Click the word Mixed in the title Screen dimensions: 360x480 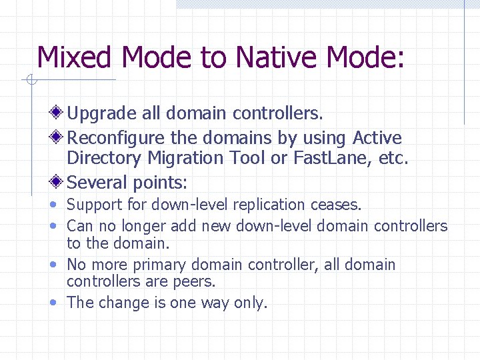(75, 58)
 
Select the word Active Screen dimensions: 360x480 (377, 138)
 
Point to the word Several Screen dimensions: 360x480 (97, 182)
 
